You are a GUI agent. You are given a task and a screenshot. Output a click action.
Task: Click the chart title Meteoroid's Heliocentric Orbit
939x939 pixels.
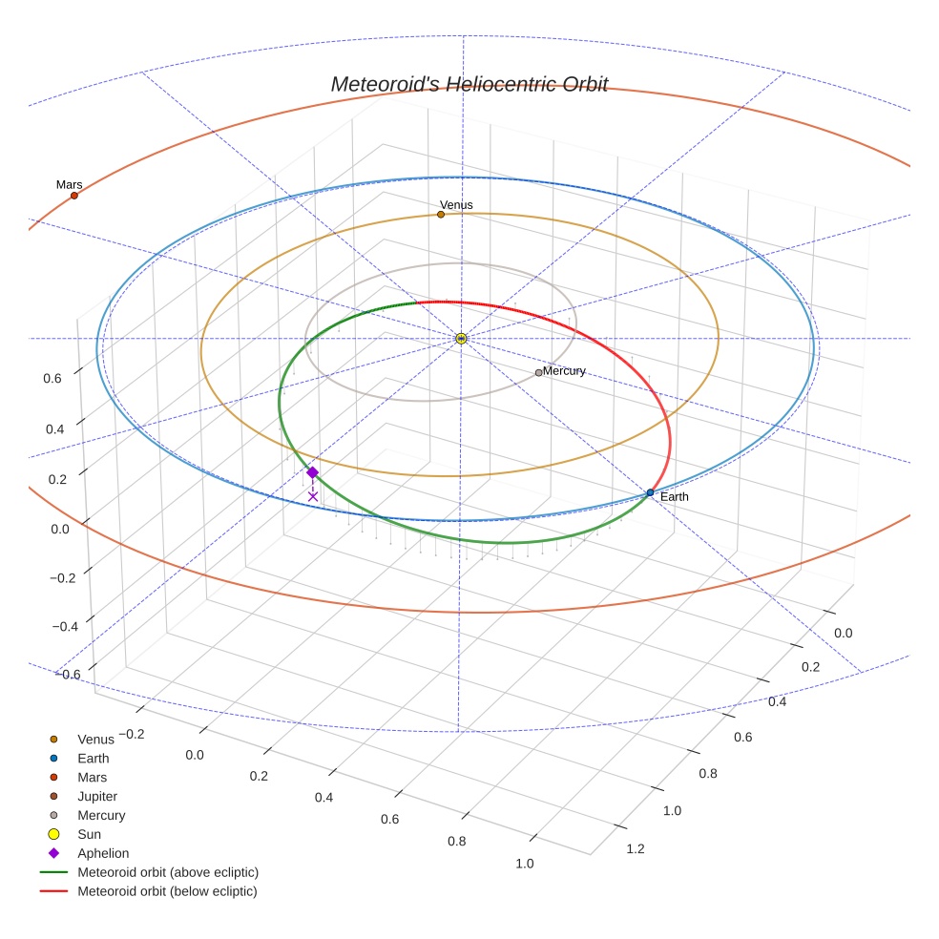click(469, 84)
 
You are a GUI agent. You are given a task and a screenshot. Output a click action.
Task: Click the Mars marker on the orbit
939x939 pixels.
click(74, 196)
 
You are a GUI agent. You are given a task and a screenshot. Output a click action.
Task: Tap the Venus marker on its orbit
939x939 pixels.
click(441, 215)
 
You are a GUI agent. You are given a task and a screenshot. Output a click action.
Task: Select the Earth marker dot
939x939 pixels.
click(650, 493)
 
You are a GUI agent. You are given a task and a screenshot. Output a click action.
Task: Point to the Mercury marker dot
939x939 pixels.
click(538, 373)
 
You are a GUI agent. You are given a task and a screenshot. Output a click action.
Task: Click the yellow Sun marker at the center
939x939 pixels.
click(461, 339)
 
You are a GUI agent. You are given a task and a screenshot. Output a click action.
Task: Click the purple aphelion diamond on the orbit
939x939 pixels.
click(312, 472)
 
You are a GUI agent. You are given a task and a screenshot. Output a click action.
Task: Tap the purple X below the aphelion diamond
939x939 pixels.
click(313, 496)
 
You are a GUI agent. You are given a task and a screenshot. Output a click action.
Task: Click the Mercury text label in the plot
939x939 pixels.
click(564, 371)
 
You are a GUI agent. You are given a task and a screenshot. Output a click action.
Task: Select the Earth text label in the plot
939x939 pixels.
click(674, 497)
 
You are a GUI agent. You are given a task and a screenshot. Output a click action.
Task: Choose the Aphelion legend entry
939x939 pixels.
click(103, 853)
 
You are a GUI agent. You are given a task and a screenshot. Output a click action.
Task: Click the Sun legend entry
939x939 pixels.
click(89, 834)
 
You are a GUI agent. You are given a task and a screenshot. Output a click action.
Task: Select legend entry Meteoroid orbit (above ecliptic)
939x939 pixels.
click(168, 872)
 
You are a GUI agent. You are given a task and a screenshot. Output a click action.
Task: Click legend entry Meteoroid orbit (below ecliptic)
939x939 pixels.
click(167, 891)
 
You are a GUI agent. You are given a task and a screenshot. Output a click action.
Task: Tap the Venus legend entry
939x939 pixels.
click(95, 740)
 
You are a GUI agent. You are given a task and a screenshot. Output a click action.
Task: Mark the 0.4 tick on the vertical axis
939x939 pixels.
click(53, 429)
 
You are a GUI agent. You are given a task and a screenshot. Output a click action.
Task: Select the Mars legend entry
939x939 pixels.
click(93, 778)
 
